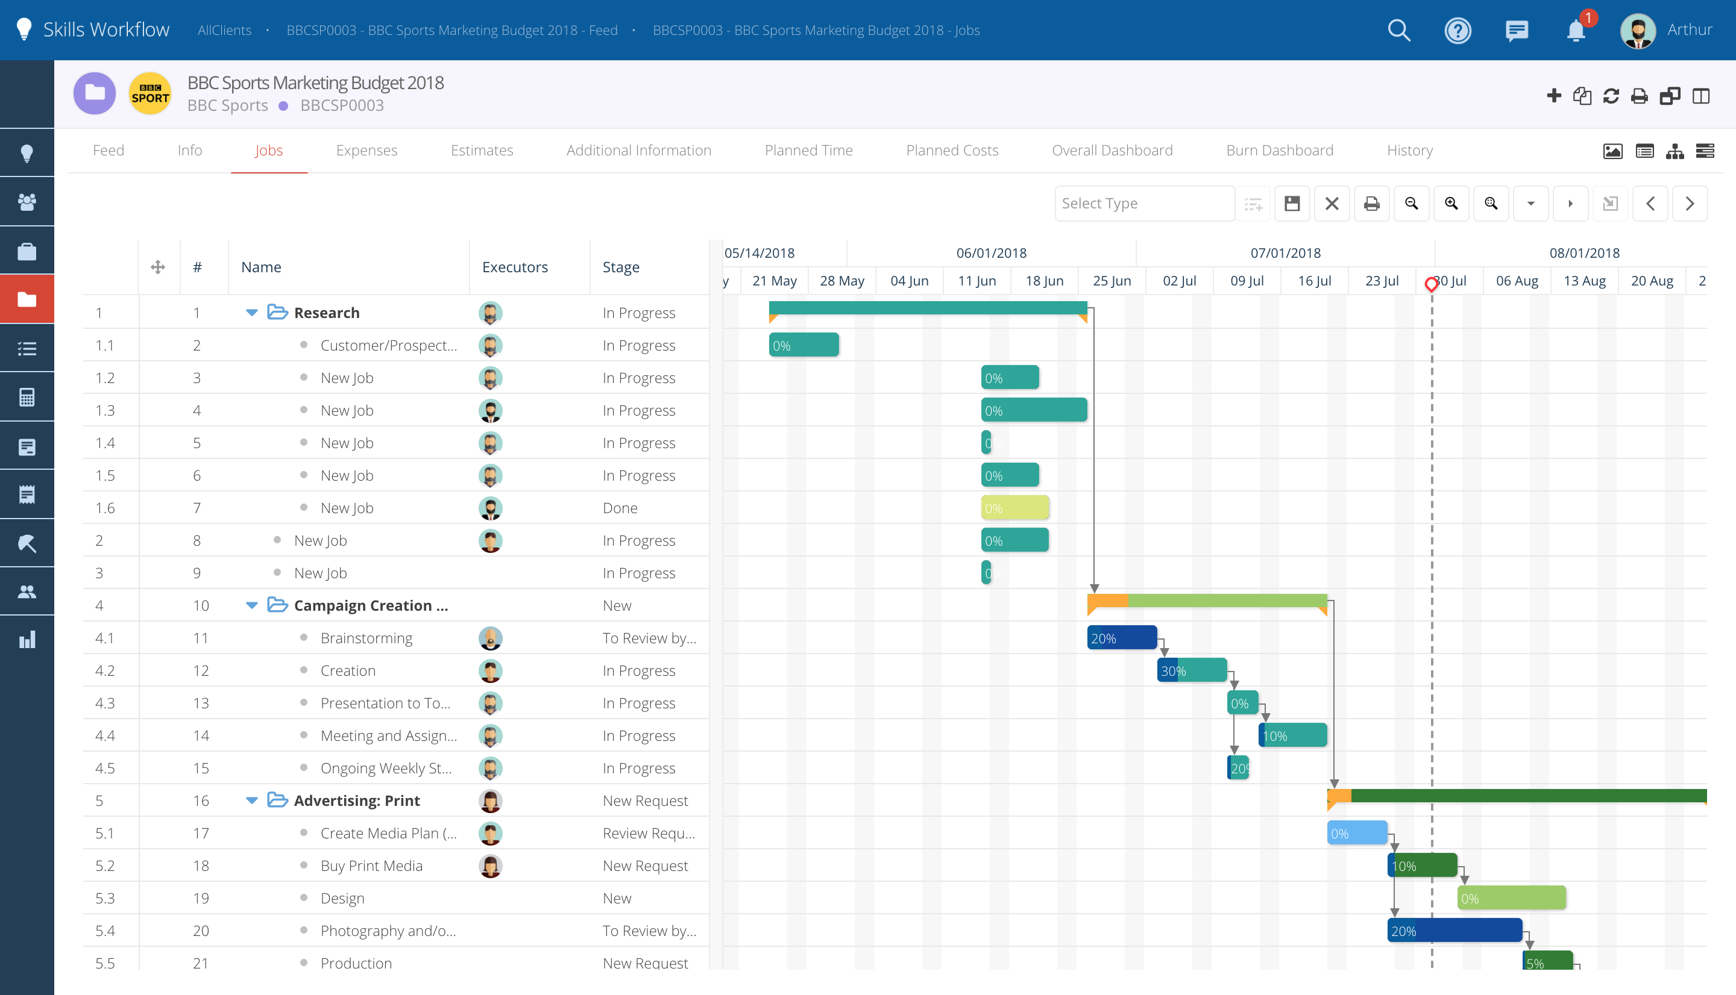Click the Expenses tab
[x=366, y=151]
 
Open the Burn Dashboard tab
[x=1279, y=151]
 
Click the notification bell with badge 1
[x=1575, y=30]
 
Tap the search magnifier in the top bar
[x=1399, y=30]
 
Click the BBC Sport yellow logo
[x=149, y=93]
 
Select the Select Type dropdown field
[x=1144, y=204]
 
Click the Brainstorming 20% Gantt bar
[x=1121, y=638]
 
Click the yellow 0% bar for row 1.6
[x=1014, y=508]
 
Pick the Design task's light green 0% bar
[x=1511, y=898]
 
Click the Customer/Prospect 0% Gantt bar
[x=804, y=345]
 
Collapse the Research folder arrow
[x=251, y=313]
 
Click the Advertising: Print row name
[x=356, y=800]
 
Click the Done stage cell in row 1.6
[x=620, y=508]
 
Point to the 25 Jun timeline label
[x=1112, y=281]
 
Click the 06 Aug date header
[x=1517, y=281]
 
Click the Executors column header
[x=515, y=267]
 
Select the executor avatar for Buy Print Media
[x=490, y=866]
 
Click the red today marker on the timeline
[x=1431, y=284]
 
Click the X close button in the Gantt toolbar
[x=1331, y=204]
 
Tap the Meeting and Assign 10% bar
[x=1292, y=735]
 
